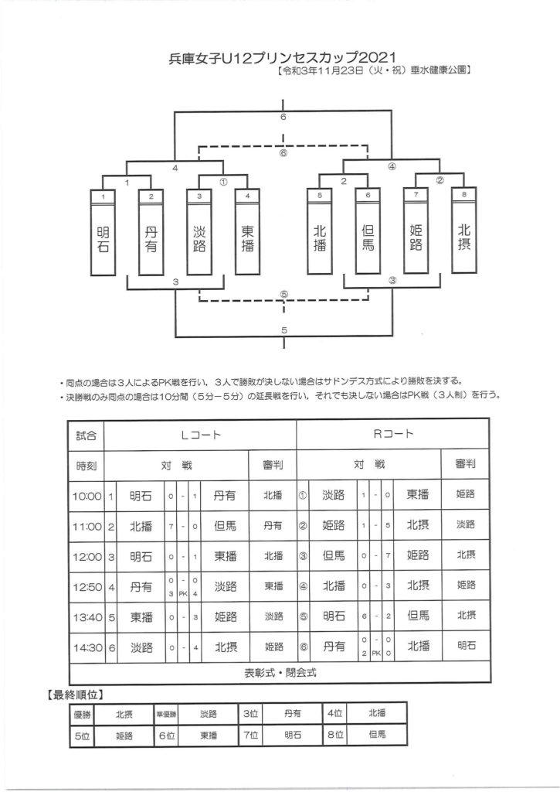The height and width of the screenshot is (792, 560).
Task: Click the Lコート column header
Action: click(200, 435)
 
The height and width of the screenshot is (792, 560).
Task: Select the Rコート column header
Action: click(392, 435)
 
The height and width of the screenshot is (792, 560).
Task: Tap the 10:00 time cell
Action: click(87, 495)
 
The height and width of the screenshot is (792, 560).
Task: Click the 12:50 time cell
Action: click(87, 587)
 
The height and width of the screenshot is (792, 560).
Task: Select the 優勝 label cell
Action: click(82, 715)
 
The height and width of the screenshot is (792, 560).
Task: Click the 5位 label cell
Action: click(82, 737)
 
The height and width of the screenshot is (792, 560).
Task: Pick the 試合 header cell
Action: click(87, 435)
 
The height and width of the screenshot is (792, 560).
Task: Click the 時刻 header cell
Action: click(87, 465)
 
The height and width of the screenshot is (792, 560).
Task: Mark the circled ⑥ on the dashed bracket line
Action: click(283, 152)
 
